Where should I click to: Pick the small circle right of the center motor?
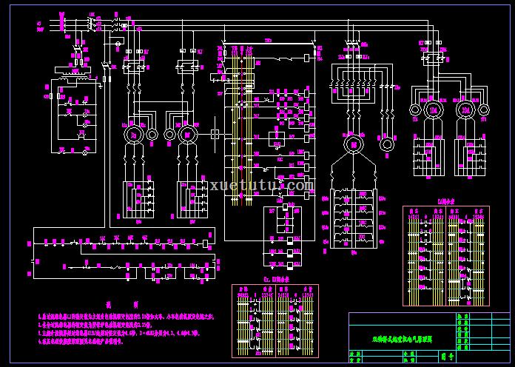pyautogui.click(x=386, y=143)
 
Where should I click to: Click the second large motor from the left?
pyautogui.click(x=186, y=134)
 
